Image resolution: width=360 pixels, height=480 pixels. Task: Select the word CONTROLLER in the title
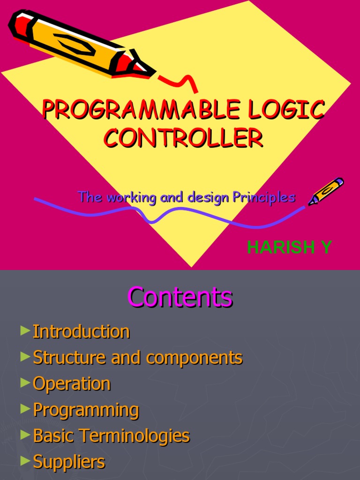coord(183,138)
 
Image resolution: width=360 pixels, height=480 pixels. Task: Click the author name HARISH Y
coord(289,247)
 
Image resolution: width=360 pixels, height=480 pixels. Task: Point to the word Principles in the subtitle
coord(265,197)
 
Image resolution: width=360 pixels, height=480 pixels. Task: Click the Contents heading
coord(180,297)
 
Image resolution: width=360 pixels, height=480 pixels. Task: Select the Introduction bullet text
coord(81,332)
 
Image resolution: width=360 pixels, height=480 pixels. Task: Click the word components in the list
coord(194,358)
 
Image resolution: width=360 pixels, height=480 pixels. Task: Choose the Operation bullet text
coord(72,384)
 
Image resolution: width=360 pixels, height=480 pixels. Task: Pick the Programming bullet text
coord(86,410)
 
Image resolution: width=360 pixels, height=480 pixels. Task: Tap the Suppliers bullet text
coord(69,462)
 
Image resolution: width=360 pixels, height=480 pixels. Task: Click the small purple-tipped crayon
coord(326,191)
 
